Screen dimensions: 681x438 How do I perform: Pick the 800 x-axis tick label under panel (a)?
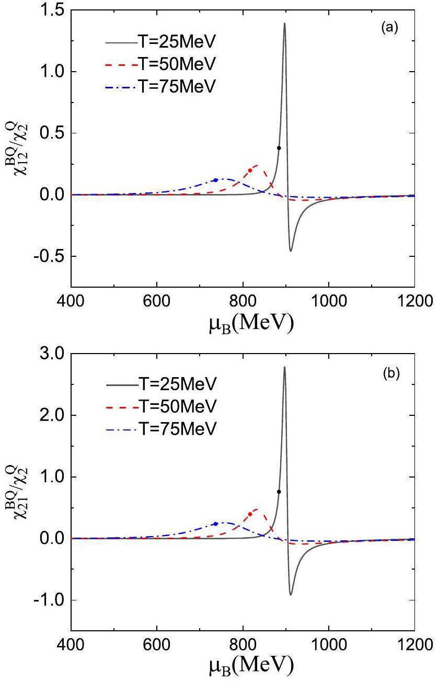tap(243, 301)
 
